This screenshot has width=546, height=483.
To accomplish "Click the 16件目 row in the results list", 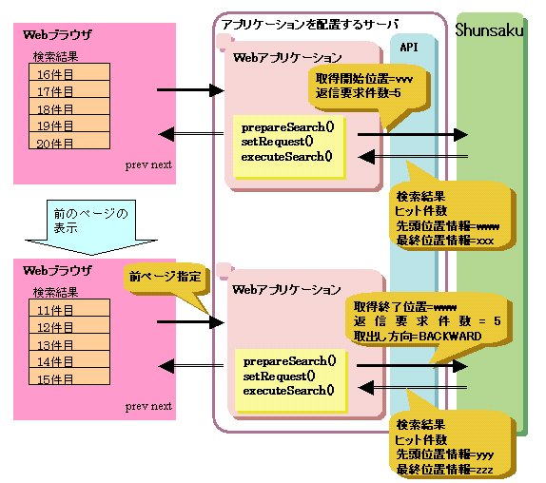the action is [x=69, y=72].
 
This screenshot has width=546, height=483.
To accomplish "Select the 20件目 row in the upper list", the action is [x=69, y=141].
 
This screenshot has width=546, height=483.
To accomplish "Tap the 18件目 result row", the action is [x=69, y=106].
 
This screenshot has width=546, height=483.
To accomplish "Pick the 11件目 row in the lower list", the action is [x=69, y=308].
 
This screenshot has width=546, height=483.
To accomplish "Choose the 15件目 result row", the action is [x=69, y=377].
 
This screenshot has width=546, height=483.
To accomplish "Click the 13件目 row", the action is [x=69, y=342].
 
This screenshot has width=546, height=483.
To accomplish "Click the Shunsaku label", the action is [x=489, y=30].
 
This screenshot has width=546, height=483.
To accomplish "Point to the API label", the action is [x=409, y=47].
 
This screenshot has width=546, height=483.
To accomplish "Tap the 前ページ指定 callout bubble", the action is [x=166, y=280].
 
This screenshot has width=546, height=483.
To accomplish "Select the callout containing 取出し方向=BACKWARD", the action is [x=428, y=322].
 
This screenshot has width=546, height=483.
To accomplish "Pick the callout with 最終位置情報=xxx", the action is [x=452, y=218].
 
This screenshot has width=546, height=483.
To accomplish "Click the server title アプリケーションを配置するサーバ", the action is [x=310, y=25].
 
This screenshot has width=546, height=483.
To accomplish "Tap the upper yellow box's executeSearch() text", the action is [x=286, y=157].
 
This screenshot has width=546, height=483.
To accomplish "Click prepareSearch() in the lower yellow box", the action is [x=289, y=361].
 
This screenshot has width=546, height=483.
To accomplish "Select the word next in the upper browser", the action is [x=162, y=164].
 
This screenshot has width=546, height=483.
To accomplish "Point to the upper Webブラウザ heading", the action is [x=57, y=34].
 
